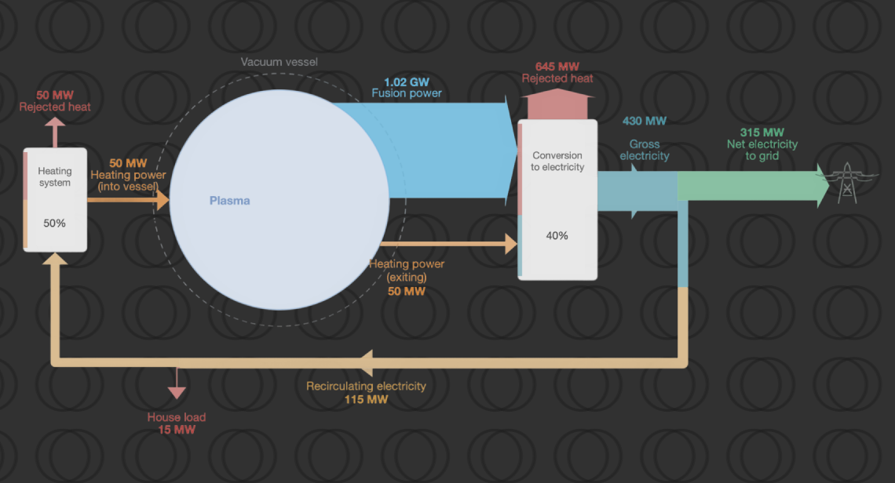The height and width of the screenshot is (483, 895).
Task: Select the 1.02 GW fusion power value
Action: (406, 82)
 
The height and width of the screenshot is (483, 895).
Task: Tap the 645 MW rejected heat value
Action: (557, 67)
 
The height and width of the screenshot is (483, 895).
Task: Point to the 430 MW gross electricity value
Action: (645, 121)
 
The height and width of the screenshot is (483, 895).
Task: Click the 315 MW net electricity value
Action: (761, 132)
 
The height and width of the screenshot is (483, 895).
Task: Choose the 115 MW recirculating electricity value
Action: (366, 399)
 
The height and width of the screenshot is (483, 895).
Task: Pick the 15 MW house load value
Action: (176, 430)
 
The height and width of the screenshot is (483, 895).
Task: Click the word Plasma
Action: (229, 201)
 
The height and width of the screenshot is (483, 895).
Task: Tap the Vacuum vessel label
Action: (279, 62)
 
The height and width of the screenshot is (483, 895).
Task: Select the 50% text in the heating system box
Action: (54, 223)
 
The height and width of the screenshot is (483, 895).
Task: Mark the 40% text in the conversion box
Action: (557, 235)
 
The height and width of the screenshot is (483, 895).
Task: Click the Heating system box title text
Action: (54, 176)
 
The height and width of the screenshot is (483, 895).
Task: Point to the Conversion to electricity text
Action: (557, 161)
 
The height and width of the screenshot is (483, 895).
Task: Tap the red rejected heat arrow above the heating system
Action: (54, 125)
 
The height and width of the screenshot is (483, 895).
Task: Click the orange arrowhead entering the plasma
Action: (163, 200)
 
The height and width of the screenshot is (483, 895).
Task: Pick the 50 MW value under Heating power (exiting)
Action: (407, 291)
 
